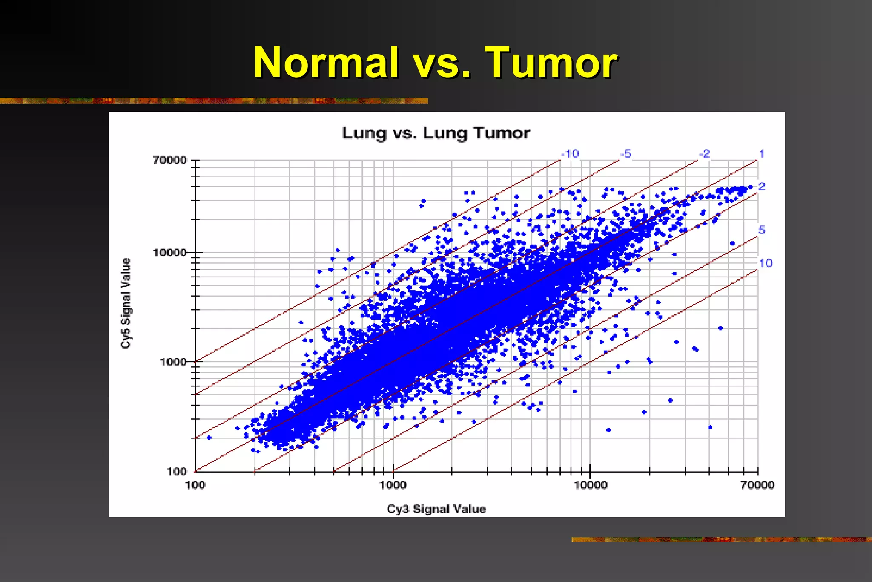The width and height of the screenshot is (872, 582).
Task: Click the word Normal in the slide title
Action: tap(326, 63)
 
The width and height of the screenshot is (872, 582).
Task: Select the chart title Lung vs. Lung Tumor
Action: tap(436, 133)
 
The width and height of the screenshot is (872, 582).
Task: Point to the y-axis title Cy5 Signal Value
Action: tap(126, 303)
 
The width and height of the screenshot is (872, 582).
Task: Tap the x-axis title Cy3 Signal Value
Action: tap(436, 509)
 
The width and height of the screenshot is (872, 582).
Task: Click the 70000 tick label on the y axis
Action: tap(170, 160)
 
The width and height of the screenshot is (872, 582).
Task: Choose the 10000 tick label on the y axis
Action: tap(170, 252)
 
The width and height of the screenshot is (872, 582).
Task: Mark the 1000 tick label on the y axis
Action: tap(173, 362)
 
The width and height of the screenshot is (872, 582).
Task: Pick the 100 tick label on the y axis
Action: tap(176, 471)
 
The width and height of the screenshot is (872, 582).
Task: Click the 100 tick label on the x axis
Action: tap(195, 485)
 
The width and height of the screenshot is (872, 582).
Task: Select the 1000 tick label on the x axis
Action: tap(393, 485)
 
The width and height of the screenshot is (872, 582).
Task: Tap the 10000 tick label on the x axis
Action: tap(590, 485)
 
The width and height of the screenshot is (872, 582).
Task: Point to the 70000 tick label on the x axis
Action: tap(757, 485)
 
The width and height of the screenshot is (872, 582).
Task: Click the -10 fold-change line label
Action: tap(570, 154)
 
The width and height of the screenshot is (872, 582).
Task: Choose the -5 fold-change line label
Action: tap(626, 154)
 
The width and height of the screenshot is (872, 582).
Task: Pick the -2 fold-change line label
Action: tap(705, 154)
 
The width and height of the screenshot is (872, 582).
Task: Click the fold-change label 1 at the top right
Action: tap(762, 154)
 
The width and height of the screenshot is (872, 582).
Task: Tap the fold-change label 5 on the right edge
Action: tap(762, 230)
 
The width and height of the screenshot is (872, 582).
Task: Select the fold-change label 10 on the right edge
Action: tap(765, 263)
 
